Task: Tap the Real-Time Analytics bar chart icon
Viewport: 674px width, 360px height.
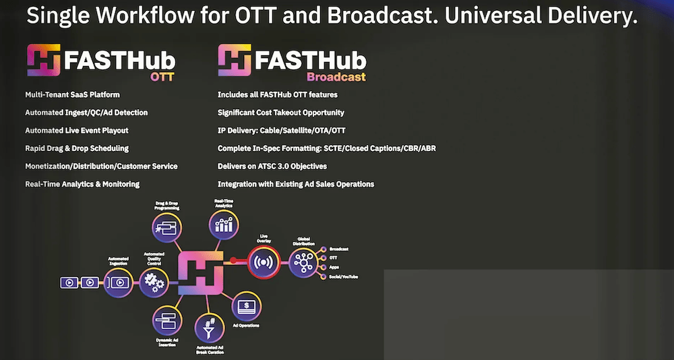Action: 224,224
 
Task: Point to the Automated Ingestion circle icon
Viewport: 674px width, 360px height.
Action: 118,282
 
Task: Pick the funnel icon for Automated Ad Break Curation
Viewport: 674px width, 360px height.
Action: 210,328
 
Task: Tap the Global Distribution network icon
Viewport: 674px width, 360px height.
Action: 303,262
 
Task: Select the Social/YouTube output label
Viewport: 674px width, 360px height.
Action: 343,276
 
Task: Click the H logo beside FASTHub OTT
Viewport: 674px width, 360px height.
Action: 44,61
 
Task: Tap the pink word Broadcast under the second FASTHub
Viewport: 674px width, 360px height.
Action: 336,77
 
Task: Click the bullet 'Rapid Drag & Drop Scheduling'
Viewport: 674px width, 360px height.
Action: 77,148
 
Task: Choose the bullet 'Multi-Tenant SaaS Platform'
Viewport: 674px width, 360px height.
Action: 73,95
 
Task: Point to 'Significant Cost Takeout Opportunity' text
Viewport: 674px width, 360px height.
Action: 281,113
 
